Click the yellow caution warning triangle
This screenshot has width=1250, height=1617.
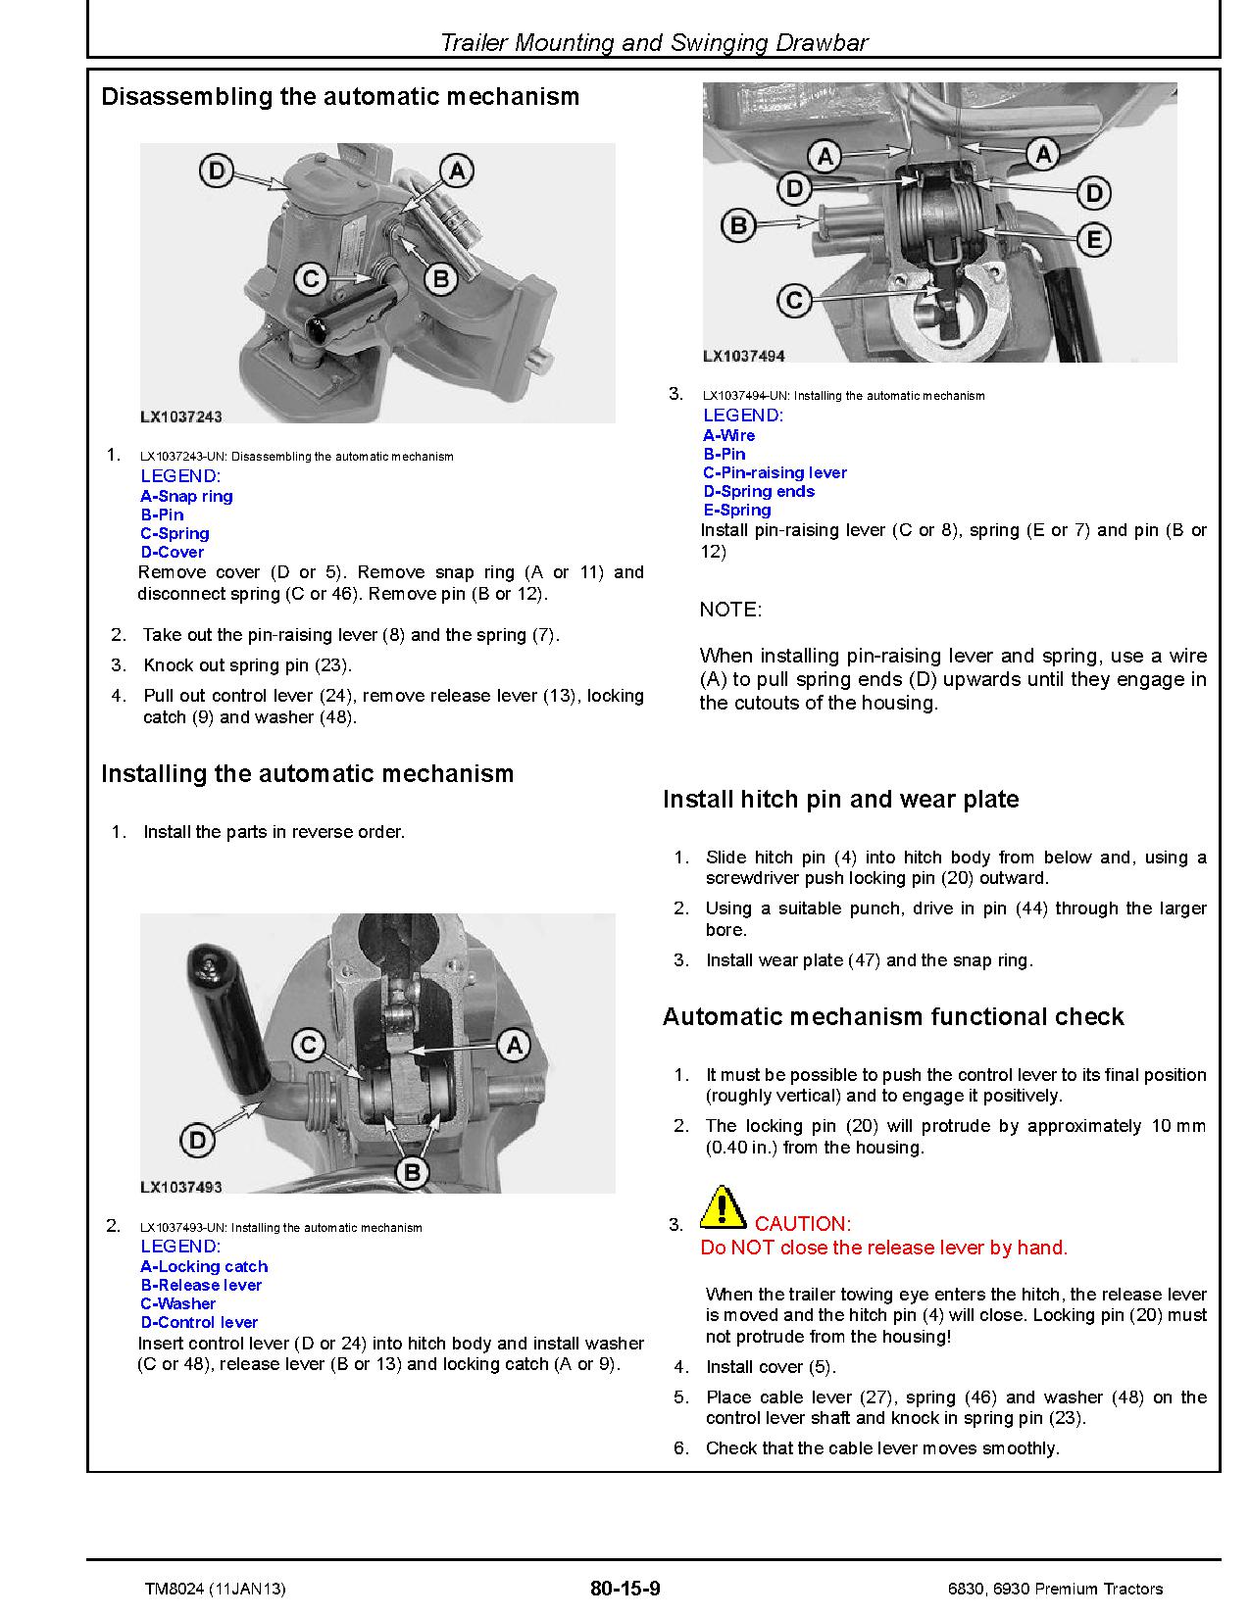pyautogui.click(x=723, y=1207)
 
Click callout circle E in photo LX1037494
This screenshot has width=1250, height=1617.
pyautogui.click(x=1093, y=239)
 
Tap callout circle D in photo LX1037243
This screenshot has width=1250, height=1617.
pyautogui.click(x=216, y=172)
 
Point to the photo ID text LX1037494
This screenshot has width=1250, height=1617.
pyautogui.click(x=744, y=357)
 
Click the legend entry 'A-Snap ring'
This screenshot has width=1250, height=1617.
pyautogui.click(x=186, y=496)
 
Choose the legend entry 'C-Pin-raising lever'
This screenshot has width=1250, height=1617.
pyautogui.click(x=775, y=472)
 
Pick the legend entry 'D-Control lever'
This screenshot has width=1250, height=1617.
pyautogui.click(x=199, y=1322)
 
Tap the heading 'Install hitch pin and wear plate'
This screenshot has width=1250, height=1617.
pyautogui.click(x=840, y=800)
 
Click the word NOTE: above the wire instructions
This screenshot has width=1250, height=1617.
pyautogui.click(x=730, y=610)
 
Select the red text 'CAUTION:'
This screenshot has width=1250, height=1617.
pyautogui.click(x=802, y=1223)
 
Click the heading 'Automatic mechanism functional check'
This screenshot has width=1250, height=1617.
pyautogui.click(x=892, y=1017)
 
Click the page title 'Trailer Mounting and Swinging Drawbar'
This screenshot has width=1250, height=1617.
pyautogui.click(x=654, y=42)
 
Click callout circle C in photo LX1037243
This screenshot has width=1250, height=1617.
pyautogui.click(x=311, y=280)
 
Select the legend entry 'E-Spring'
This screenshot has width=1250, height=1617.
pyautogui.click(x=737, y=510)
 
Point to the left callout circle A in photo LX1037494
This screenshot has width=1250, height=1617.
pyautogui.click(x=825, y=155)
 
